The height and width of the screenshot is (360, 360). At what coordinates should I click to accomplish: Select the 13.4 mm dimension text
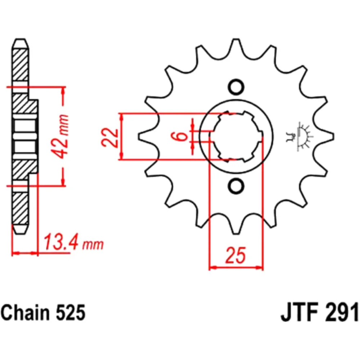point(73,243)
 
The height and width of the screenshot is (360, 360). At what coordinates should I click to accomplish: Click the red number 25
point(236,255)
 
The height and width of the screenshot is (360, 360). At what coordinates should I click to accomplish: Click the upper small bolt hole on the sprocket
point(236,87)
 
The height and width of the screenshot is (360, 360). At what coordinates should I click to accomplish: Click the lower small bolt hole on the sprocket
point(236,186)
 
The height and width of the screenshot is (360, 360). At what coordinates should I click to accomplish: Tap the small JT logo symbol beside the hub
point(302,136)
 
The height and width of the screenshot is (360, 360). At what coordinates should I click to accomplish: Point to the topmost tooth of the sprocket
point(236,45)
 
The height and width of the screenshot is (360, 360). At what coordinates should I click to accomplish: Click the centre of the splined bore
point(236,136)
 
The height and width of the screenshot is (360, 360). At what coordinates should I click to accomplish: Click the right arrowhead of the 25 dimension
point(260,267)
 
